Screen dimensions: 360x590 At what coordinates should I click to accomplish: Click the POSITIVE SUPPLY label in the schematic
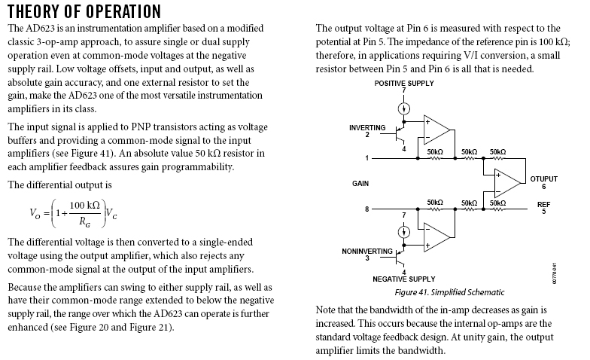404,83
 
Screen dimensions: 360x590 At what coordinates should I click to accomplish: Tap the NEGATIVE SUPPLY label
404,279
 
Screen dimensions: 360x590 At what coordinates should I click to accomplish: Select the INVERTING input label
367,128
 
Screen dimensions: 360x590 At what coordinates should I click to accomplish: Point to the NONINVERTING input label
367,251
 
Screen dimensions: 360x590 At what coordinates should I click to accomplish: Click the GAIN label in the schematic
360,183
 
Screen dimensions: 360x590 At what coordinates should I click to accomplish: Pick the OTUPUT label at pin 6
543,179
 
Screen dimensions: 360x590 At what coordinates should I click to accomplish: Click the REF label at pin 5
543,204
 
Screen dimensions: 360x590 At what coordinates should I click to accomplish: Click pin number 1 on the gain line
367,158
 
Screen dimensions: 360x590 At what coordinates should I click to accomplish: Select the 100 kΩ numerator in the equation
85,206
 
